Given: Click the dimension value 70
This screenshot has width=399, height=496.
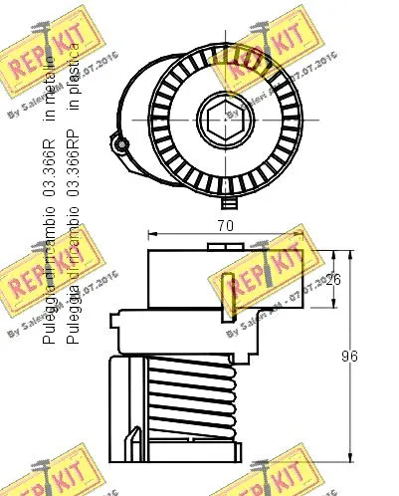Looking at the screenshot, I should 225,226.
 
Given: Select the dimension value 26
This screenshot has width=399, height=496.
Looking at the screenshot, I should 333,279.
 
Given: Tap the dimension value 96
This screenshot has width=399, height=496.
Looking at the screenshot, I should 348,356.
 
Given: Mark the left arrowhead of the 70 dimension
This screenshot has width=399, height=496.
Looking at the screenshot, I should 151,237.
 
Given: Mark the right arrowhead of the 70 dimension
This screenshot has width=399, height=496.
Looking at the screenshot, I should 300,237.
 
